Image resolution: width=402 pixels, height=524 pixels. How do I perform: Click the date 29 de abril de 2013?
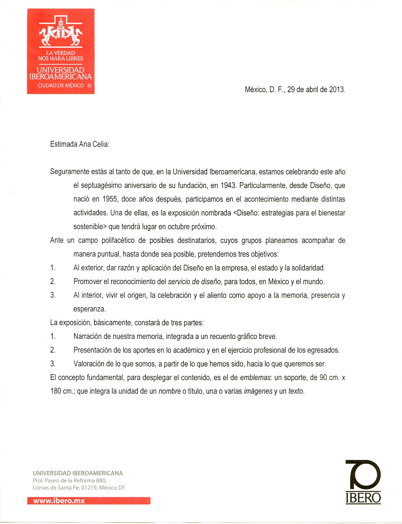(316, 90)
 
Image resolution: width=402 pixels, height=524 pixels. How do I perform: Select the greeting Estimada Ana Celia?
(79, 144)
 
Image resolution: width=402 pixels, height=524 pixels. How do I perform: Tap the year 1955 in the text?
(110, 199)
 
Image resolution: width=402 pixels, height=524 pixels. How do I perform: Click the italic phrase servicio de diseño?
(195, 282)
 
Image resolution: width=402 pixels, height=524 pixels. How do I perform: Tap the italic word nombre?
(169, 391)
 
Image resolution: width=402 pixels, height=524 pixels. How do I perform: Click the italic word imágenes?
(258, 391)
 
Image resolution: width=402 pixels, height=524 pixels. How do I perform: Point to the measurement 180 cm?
(62, 391)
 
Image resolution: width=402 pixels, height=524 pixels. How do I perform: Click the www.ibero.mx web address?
(59, 501)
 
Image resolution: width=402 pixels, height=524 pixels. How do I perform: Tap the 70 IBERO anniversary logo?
(363, 482)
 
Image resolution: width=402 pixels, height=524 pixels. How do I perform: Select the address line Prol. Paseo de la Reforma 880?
(70, 481)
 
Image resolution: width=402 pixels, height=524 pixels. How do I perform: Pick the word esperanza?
(89, 309)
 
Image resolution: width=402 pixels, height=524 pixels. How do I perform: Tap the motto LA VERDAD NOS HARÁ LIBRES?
(61, 56)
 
